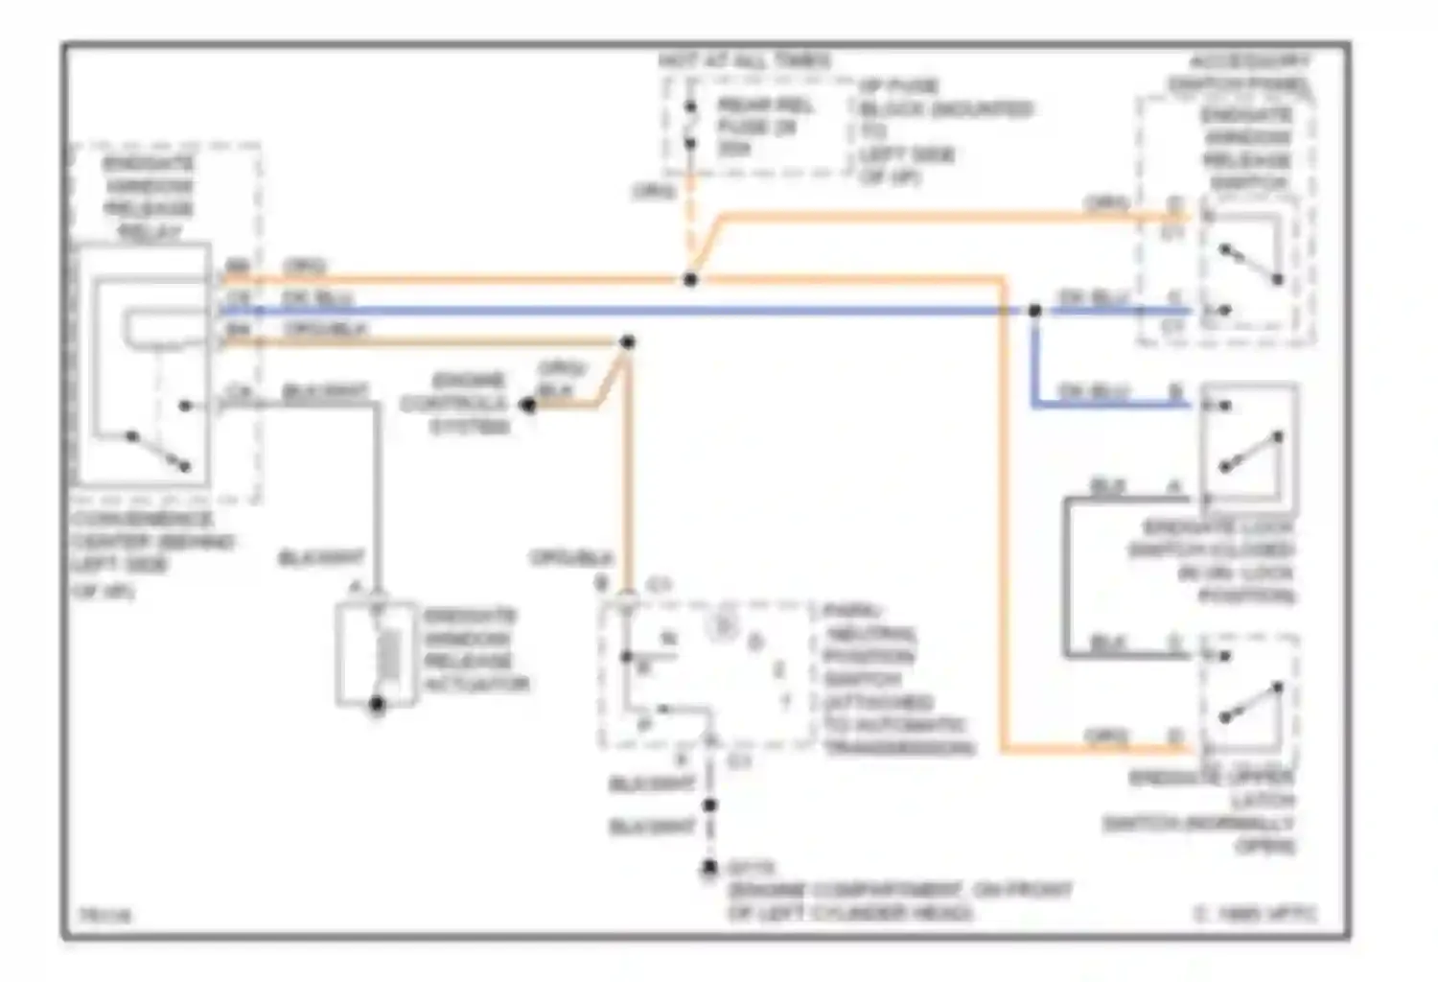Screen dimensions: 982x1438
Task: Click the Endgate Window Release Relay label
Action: point(149,197)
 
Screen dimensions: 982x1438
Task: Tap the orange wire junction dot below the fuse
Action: point(690,279)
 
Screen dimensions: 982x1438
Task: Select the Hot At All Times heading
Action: point(744,60)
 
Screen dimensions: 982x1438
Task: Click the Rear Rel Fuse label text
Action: point(764,126)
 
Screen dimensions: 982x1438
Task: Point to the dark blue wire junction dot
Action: point(1034,311)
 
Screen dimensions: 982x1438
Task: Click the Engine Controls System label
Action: point(455,403)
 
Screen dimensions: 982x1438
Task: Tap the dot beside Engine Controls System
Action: point(527,406)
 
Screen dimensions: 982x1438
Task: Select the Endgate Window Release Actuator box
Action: point(377,655)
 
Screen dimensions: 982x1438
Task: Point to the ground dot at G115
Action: point(709,868)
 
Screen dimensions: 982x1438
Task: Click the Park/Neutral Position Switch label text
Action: point(896,679)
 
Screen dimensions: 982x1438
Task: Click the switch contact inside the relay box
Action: point(158,451)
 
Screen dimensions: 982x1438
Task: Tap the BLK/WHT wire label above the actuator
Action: point(321,557)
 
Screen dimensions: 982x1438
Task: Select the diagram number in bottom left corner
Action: point(105,916)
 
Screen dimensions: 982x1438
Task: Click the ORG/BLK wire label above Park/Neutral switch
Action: point(571,557)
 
